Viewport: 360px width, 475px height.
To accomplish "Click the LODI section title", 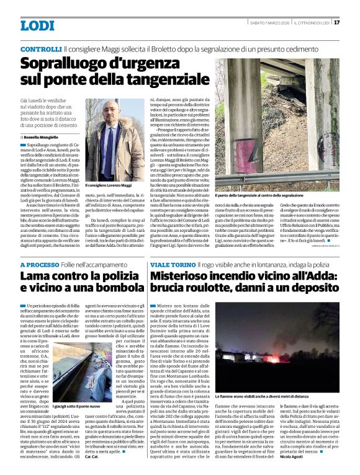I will coord(37,25).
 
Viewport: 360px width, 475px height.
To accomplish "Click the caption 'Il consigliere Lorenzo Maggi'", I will coord(109,185).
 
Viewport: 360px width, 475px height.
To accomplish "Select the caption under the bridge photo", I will coord(260,194).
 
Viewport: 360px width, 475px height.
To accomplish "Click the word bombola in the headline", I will coord(113,290).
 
